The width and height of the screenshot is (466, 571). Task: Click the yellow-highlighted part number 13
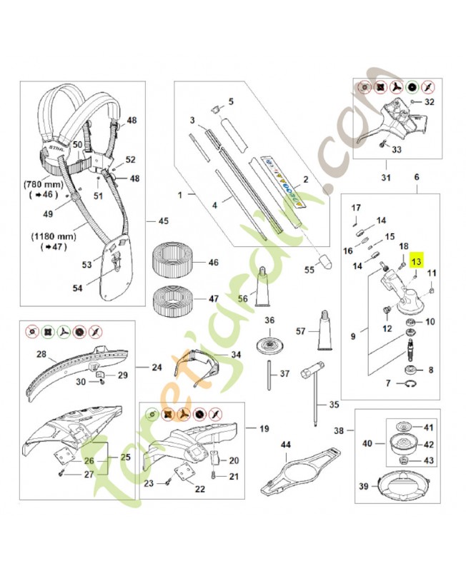point(416,263)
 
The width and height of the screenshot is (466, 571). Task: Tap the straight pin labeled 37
point(269,374)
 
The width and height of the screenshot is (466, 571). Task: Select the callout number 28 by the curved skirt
point(41,354)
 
